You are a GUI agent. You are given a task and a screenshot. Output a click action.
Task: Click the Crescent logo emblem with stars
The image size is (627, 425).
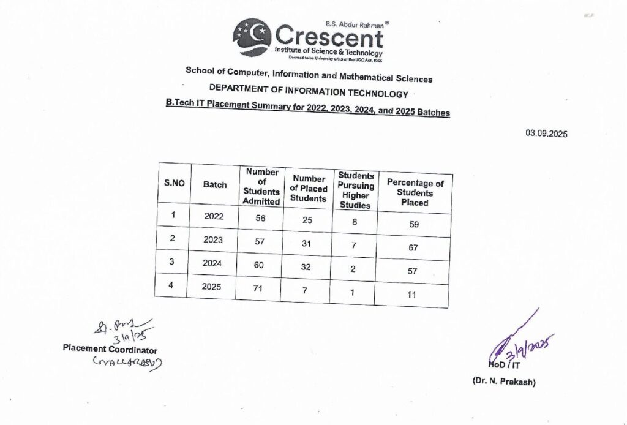pyautogui.click(x=252, y=37)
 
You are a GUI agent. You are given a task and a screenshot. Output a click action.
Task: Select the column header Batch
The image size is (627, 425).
pyautogui.click(x=215, y=184)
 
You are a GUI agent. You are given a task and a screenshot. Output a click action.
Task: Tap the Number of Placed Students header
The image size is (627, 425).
pyautogui.click(x=308, y=188)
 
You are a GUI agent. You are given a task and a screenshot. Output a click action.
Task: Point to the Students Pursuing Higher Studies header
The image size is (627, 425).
pyautogui.click(x=356, y=190)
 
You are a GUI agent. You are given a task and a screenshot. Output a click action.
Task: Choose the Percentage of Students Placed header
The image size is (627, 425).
pyautogui.click(x=415, y=192)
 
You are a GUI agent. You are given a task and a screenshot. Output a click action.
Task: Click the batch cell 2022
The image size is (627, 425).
pyautogui.click(x=214, y=216)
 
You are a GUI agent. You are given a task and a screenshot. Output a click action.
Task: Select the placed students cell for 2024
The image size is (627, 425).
pyautogui.click(x=307, y=268)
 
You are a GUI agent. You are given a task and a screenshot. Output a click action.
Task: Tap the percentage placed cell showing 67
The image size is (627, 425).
pyautogui.click(x=413, y=247)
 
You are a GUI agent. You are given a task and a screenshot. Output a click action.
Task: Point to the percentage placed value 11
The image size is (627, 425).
pyautogui.click(x=411, y=295)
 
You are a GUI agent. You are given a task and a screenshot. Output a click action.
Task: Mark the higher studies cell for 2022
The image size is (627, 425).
pyautogui.click(x=355, y=221)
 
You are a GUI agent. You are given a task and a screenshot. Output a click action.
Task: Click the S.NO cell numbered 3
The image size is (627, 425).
pyautogui.click(x=173, y=261)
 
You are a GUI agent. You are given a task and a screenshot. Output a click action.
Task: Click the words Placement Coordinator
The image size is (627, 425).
pyautogui.click(x=110, y=349)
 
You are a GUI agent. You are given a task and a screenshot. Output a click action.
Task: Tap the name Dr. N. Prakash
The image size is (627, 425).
pyautogui.click(x=503, y=381)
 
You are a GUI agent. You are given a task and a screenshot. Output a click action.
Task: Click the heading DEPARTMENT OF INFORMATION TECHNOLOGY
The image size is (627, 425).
pyautogui.click(x=308, y=94)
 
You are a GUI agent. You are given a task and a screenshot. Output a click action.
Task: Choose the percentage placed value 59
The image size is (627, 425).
pyautogui.click(x=414, y=224)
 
